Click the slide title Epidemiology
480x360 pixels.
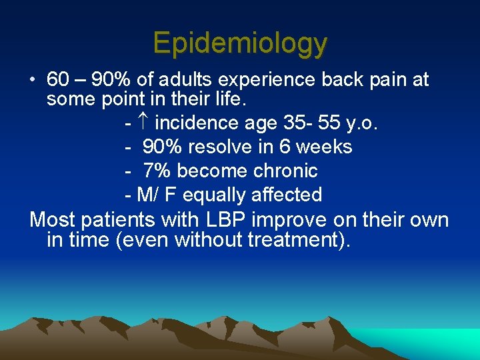click(x=240, y=43)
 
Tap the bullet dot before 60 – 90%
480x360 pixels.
click(x=32, y=81)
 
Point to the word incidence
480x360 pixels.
click(x=197, y=123)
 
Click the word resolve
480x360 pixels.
click(x=221, y=147)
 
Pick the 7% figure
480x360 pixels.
click(x=157, y=171)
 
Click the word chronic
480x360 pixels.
click(x=285, y=171)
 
